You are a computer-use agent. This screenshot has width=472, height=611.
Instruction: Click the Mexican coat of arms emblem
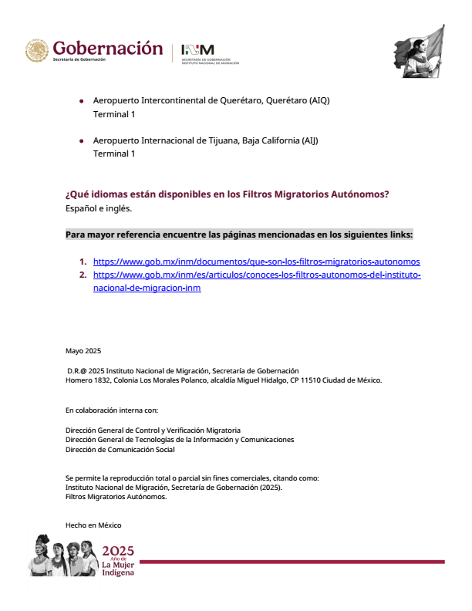[36, 52]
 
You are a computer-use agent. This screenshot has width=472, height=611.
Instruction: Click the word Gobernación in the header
[108, 48]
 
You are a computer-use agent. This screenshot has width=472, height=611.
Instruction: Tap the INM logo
[198, 49]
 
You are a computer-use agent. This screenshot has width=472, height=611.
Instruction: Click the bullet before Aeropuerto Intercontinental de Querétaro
[81, 101]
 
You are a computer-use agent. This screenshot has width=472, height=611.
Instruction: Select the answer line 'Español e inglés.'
[99, 208]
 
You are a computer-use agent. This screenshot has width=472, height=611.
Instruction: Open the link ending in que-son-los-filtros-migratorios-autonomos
[256, 262]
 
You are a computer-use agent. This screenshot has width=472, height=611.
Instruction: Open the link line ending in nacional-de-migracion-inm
[147, 288]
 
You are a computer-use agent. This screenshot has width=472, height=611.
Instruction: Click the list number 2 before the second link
[83, 275]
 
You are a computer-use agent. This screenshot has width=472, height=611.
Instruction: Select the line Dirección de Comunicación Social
[120, 449]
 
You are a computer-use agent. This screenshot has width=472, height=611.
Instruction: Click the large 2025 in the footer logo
[118, 551]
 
